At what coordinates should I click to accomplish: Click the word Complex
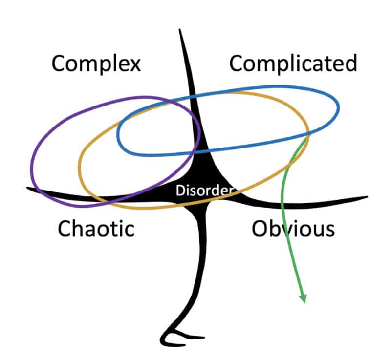[96, 64]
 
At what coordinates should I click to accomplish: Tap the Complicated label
[293, 64]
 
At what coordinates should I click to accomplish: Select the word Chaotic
[96, 228]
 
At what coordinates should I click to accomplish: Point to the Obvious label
[293, 228]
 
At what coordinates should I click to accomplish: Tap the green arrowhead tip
[304, 302]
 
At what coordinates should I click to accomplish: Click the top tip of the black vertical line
[180, 30]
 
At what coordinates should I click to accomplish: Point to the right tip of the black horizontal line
[367, 197]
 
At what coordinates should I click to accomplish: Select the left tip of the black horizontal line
[27, 188]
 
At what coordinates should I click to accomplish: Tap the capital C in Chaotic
[65, 228]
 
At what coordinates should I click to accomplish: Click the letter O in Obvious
[261, 228]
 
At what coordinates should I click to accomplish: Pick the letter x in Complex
[134, 64]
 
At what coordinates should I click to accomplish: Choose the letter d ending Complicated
[350, 64]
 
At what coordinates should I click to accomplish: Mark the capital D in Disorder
[179, 191]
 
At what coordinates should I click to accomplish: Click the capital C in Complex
[59, 64]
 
